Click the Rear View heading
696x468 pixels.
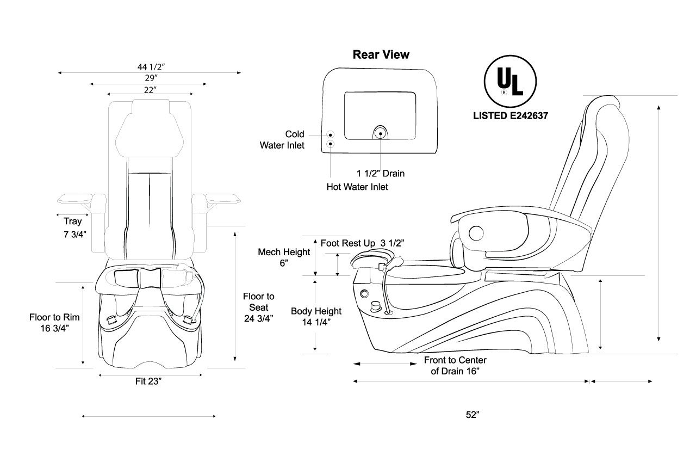pyautogui.click(x=381, y=54)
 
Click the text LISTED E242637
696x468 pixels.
pyautogui.click(x=510, y=115)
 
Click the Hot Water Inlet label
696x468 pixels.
pyautogui.click(x=357, y=186)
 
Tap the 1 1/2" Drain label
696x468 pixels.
pyautogui.click(x=381, y=174)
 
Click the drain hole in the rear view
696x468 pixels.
pyautogui.click(x=381, y=133)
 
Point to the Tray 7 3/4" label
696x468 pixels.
pyautogui.click(x=73, y=228)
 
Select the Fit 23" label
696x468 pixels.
pyautogui.click(x=148, y=381)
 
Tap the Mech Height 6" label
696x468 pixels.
pyautogui.click(x=284, y=257)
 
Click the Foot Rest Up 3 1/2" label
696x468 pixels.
pyautogui.click(x=362, y=243)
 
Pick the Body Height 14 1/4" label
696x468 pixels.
pyautogui.click(x=316, y=316)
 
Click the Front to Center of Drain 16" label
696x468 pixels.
pyautogui.click(x=455, y=366)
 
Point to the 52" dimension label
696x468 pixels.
pyautogui.click(x=473, y=415)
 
